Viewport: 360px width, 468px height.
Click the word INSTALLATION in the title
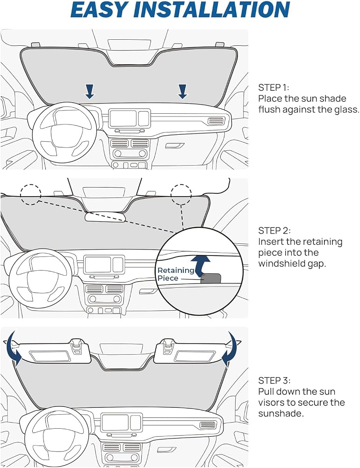[x=211, y=9]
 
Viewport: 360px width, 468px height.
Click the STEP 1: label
[x=274, y=88]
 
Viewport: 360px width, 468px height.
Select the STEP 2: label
[x=274, y=230]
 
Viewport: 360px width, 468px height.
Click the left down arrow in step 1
[x=90, y=91]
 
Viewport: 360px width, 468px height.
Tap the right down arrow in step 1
[x=182, y=91]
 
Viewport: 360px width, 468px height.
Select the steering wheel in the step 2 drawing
[x=40, y=278]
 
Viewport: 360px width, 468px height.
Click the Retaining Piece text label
[x=176, y=274]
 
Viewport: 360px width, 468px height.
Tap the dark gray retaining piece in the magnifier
[x=211, y=278]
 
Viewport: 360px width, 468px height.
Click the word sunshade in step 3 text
[x=281, y=414]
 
